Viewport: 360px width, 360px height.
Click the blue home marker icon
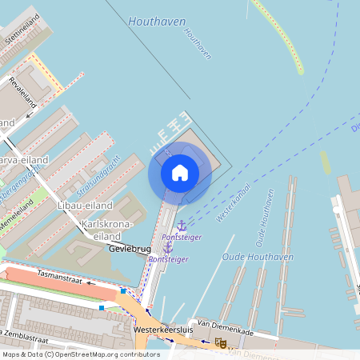click(x=180, y=173)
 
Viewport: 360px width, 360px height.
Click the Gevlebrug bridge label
click(x=129, y=250)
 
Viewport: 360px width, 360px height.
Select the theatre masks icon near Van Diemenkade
click(x=221, y=342)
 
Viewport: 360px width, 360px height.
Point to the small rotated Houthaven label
click(x=198, y=44)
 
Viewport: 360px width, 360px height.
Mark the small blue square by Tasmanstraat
click(x=102, y=307)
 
